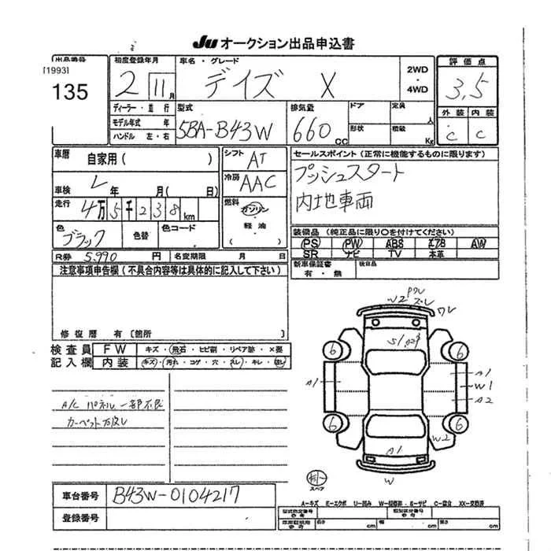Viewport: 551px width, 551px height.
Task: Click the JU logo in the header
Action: point(203,43)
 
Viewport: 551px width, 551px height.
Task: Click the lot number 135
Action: point(71,92)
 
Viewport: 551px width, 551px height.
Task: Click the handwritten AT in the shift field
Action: point(256,161)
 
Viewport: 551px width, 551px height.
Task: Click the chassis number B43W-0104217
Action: point(176,495)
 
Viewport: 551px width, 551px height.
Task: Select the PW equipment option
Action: point(352,244)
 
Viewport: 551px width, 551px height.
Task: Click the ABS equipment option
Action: point(395,244)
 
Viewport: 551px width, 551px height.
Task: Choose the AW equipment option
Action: point(478,244)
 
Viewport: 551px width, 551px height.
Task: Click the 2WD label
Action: point(417,70)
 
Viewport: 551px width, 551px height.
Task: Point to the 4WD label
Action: point(417,90)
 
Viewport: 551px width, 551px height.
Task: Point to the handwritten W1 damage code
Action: point(483,386)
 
